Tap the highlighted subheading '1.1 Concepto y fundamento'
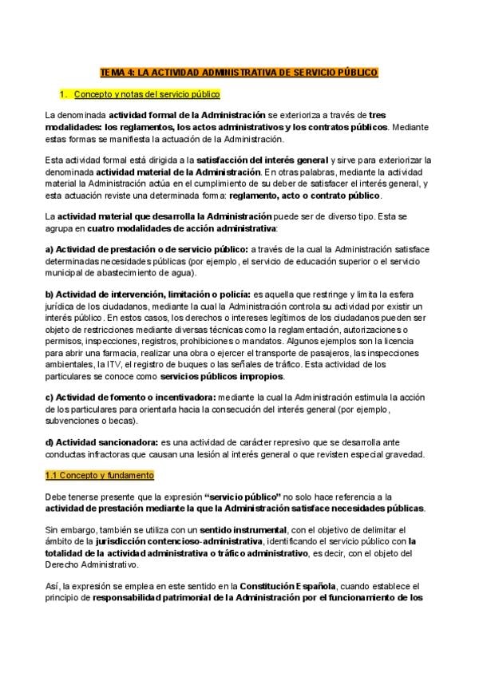(x=99, y=476)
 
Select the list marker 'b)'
(x=49, y=295)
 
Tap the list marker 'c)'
(x=49, y=398)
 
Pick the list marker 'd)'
(x=49, y=442)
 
